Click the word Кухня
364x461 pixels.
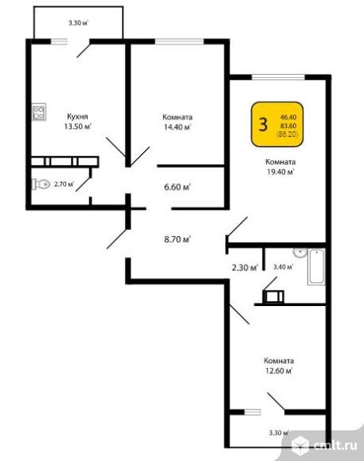[77, 116]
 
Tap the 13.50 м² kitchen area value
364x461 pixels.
[78, 126]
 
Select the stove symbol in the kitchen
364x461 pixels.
[39, 112]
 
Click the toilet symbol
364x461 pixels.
[41, 184]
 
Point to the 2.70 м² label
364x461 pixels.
[64, 184]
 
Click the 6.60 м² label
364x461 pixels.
[178, 187]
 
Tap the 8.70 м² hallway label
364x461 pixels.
[178, 239]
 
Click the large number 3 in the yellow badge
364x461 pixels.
[263, 124]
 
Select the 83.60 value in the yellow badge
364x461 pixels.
[288, 126]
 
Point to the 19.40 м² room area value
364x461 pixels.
[280, 172]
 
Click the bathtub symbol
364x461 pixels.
[316, 267]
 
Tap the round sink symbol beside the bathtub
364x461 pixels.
[300, 253]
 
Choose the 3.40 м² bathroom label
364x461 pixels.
[283, 267]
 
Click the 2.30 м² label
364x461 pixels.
[245, 268]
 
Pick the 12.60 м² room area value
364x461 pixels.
[279, 370]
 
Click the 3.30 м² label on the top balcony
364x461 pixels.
[79, 23]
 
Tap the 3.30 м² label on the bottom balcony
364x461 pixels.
[279, 432]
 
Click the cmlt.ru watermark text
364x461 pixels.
[335, 445]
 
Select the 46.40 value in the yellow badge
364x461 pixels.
[288, 117]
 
